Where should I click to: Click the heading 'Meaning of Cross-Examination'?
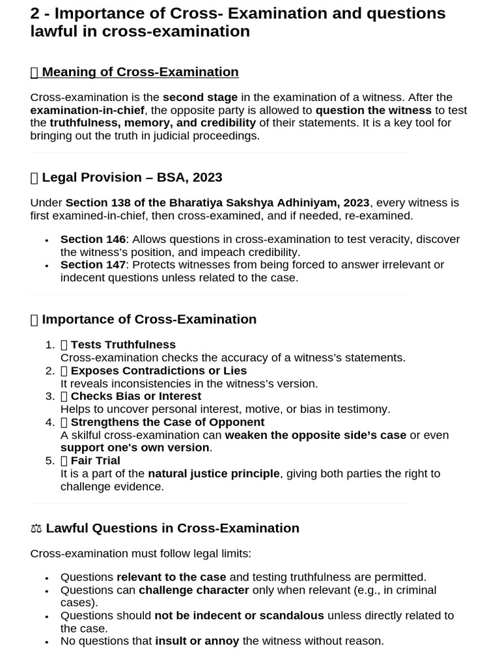point(140,72)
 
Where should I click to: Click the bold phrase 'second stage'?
point(200,98)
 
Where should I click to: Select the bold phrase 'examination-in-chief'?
point(87,110)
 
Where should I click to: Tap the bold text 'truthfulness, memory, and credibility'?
point(153,123)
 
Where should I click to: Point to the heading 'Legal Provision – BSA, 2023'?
point(132,177)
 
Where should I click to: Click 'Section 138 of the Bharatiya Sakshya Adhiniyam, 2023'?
point(217,203)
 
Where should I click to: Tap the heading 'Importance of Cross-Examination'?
point(149,319)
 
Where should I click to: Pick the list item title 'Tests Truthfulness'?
point(123,345)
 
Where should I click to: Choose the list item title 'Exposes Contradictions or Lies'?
point(158,371)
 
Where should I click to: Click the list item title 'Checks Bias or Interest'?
point(135,396)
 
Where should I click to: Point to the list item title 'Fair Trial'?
point(95,461)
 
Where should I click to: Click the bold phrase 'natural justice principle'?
point(214,474)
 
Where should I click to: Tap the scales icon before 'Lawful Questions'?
point(36,528)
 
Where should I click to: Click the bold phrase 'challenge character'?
point(194,590)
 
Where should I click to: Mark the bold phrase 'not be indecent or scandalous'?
point(239,616)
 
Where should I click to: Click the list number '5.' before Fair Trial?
point(50,461)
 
